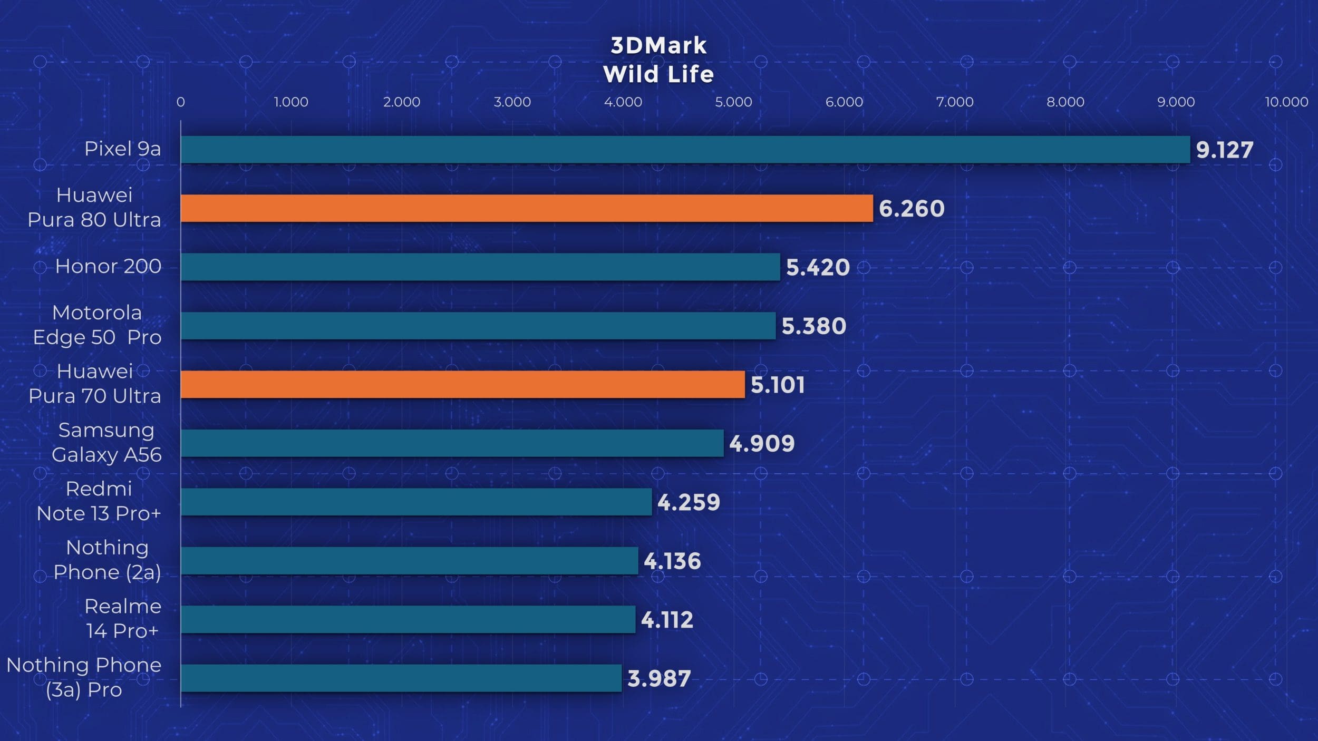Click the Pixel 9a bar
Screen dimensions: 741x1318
click(685, 150)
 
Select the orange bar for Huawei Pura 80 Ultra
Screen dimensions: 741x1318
click(527, 208)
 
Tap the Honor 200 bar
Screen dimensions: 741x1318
click(480, 267)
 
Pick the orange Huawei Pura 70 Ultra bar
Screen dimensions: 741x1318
click(462, 384)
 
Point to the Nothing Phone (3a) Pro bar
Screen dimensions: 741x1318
click(401, 678)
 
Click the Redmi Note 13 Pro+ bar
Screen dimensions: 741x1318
click(416, 502)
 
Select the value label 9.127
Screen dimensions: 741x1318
click(1224, 150)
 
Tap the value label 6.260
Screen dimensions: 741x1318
click(912, 209)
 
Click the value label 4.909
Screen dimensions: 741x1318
click(762, 444)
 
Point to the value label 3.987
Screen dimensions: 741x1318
click(659, 679)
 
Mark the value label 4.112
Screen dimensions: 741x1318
click(667, 620)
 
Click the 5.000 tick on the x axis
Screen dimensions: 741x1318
click(733, 102)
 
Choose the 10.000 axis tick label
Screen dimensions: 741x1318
click(1286, 102)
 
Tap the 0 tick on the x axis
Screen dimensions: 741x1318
click(181, 102)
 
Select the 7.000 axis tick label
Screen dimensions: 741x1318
click(955, 102)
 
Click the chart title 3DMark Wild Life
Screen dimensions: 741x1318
click(658, 60)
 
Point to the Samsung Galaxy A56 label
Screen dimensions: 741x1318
click(106, 442)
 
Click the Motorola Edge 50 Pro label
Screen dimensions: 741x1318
click(97, 325)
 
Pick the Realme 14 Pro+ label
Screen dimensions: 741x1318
click(123, 618)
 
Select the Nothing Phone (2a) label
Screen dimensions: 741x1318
click(107, 560)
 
